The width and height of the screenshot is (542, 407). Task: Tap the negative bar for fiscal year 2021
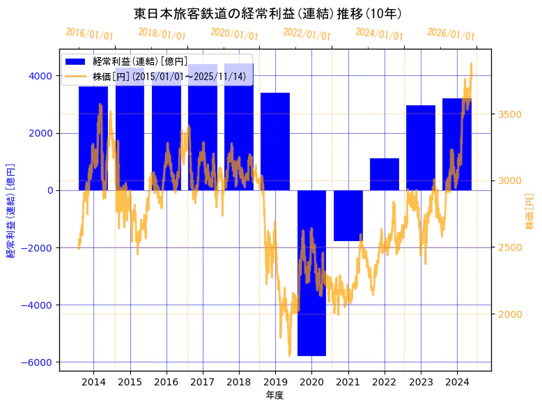point(348,215)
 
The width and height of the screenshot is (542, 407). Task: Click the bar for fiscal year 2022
point(384,174)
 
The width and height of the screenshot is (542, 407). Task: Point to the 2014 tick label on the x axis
point(93,382)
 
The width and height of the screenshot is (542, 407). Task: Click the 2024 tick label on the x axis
point(457,382)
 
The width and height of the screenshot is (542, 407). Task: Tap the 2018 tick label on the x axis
point(239,382)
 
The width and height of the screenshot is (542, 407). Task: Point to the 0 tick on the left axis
point(49,190)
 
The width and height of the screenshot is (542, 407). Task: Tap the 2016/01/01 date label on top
point(89,34)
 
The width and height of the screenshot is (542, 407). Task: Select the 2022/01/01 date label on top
point(307,34)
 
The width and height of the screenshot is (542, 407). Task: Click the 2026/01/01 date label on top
point(451,34)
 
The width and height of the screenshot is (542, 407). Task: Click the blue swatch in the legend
point(75,62)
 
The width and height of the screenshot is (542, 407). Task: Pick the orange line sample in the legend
point(75,76)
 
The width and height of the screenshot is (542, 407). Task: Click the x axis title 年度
point(274,395)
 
